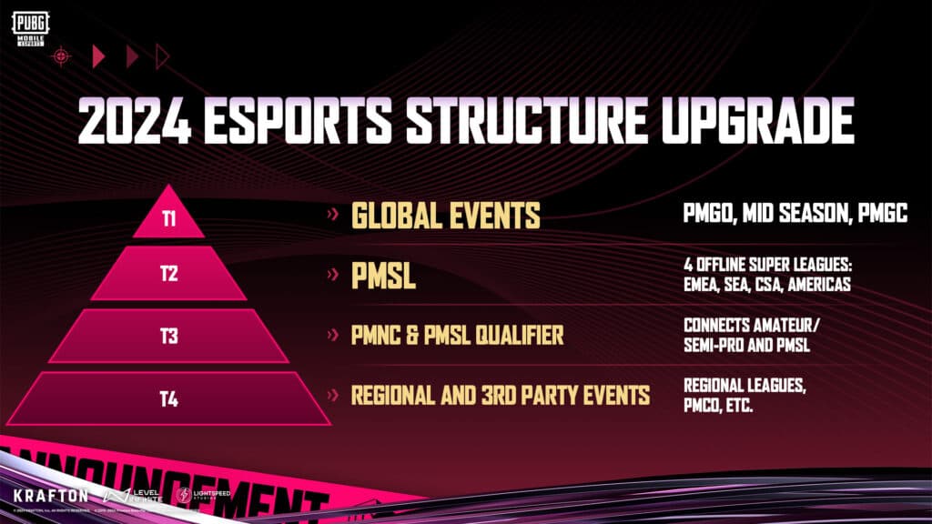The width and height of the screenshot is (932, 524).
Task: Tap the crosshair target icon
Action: tap(61, 56)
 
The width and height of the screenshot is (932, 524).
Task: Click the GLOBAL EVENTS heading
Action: tap(446, 216)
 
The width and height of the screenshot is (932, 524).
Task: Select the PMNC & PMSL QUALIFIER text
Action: tap(457, 336)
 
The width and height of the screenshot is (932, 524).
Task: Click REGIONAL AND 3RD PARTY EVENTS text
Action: tap(501, 395)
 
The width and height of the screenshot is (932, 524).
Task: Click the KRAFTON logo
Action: tap(51, 496)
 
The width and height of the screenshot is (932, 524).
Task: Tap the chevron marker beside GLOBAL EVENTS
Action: tap(333, 217)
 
